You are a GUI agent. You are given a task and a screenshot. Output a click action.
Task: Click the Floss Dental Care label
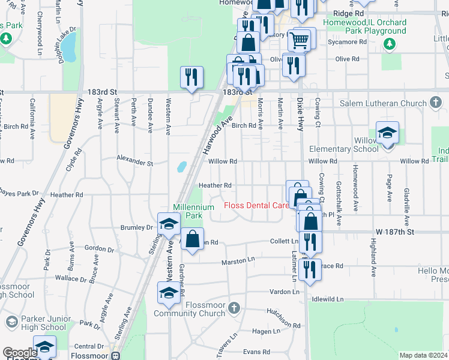pos(256,205)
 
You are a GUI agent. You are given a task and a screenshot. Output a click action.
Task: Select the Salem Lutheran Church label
pos(383,103)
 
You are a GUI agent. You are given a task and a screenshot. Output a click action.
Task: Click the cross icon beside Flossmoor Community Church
pos(235,308)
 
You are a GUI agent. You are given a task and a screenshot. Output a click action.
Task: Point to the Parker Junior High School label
pos(36,323)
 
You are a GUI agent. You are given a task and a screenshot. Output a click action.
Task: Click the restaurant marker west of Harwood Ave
pos(191,77)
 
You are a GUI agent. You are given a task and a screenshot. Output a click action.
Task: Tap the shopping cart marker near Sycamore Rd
pos(299,41)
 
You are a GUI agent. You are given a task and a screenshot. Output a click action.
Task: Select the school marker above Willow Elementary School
pos(387,133)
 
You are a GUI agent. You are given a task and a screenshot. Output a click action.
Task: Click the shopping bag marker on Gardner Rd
pos(192,239)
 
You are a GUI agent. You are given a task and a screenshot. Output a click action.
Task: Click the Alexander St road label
pos(134,162)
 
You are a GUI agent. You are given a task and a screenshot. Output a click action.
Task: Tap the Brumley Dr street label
pos(137,227)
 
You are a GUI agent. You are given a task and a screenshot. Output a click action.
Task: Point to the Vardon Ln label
pos(280,292)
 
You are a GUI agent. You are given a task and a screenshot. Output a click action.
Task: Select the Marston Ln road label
pos(239,261)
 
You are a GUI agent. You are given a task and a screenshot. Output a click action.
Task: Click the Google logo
pos(19,353)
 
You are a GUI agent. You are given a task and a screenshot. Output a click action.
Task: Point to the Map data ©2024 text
pos(423,355)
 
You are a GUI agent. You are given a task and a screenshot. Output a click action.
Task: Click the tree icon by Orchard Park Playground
pos(390,43)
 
